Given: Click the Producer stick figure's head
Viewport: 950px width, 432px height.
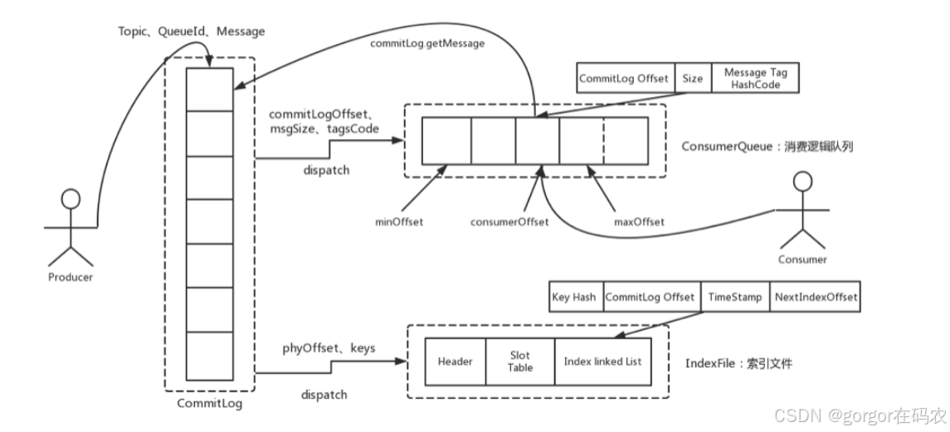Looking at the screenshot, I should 71,199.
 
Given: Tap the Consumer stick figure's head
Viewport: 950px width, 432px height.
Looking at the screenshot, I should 801,181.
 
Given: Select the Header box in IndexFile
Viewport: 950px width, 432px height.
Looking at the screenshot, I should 455,362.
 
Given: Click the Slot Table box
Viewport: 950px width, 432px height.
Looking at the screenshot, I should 520,362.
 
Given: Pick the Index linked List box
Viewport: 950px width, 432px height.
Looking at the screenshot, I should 602,362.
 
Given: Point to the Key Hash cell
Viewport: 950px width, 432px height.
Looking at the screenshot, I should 573,297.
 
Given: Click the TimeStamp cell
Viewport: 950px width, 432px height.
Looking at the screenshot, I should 734,297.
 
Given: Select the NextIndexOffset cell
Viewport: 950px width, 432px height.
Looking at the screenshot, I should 816,297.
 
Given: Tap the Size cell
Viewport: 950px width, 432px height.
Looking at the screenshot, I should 693,79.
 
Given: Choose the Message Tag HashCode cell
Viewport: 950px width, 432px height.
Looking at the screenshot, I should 756,79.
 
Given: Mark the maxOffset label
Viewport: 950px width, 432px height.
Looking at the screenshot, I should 639,221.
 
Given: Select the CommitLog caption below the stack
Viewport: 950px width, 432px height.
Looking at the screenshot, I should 210,404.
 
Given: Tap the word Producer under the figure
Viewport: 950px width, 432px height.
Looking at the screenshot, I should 71,277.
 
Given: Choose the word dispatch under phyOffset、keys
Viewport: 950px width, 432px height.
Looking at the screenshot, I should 324,395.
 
